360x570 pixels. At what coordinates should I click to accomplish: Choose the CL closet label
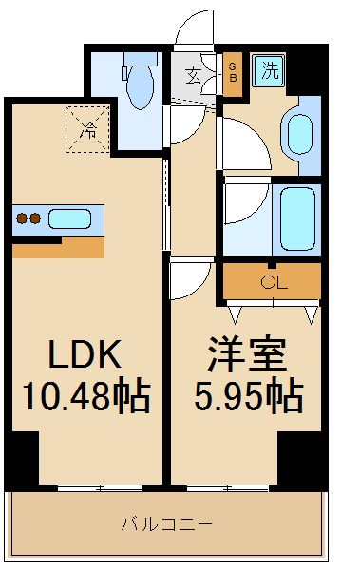tap(272, 282)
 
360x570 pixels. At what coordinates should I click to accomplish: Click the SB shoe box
tap(233, 71)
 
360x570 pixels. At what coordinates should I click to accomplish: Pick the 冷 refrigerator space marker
tap(86, 129)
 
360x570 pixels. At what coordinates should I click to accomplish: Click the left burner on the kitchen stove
tap(21, 219)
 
